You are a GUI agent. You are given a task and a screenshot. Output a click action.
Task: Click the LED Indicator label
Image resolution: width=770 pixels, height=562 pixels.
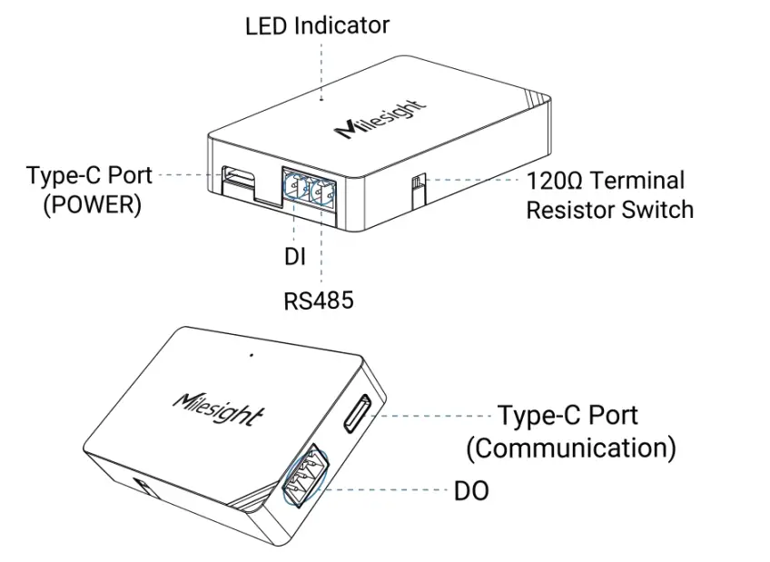(317, 25)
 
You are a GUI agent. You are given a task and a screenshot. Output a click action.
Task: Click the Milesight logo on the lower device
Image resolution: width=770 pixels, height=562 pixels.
(219, 408)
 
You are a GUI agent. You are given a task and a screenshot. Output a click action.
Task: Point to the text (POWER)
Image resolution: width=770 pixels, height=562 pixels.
(93, 205)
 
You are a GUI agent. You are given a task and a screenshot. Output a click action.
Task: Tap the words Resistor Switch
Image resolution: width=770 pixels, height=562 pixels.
(609, 210)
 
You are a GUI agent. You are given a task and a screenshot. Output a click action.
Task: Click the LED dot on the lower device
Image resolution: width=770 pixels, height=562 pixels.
(252, 355)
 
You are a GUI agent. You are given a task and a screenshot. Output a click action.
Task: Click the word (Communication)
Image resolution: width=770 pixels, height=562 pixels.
(570, 448)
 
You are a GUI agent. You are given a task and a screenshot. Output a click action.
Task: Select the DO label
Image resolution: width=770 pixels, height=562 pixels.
(471, 492)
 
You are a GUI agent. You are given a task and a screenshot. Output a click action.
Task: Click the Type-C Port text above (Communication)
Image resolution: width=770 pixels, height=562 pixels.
(568, 416)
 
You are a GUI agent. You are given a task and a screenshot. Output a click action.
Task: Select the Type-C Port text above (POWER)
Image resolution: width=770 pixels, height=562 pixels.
(89, 174)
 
